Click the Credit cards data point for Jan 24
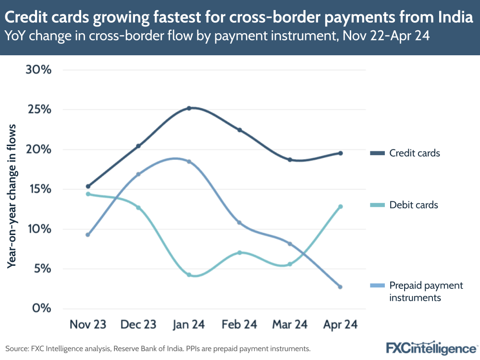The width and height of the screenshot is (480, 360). click(x=189, y=108)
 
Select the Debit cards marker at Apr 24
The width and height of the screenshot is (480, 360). click(x=340, y=207)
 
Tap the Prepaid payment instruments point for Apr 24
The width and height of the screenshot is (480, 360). click(x=340, y=287)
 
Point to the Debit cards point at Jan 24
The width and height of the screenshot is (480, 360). click(x=189, y=275)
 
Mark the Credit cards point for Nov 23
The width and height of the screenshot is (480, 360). click(x=88, y=186)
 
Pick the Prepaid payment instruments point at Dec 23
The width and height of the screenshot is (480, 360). click(x=138, y=174)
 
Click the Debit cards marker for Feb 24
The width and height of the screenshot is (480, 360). click(x=239, y=252)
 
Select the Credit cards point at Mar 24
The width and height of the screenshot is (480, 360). click(x=290, y=160)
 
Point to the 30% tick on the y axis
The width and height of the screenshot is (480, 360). click(x=38, y=70)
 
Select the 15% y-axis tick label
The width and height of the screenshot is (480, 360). click(x=38, y=189)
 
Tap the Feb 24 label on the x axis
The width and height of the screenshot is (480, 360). click(x=239, y=325)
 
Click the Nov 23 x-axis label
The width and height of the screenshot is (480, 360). click(x=88, y=325)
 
